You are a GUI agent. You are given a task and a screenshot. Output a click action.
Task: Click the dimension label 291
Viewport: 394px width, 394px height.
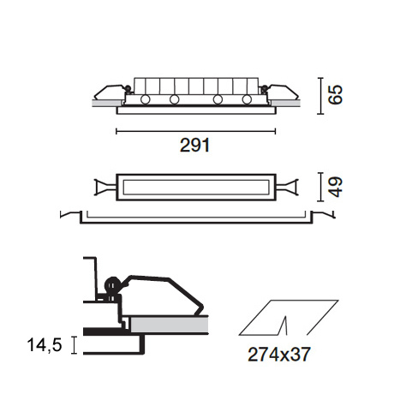tap(195, 145)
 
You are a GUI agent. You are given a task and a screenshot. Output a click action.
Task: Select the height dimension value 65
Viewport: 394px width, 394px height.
tap(335, 95)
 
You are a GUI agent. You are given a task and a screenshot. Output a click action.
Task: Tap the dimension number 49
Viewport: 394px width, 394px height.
tap(335, 187)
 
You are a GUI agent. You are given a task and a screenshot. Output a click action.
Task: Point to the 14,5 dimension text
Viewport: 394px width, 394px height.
tap(45, 344)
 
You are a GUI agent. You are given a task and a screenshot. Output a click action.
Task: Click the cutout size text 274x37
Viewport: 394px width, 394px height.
tap(278, 355)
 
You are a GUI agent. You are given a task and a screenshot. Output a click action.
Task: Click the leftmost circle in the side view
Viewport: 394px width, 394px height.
tap(145, 99)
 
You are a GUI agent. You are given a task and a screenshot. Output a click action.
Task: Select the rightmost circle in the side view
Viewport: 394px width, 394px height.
tap(247, 99)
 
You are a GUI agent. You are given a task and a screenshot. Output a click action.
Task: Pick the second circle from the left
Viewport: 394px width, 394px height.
tap(174, 99)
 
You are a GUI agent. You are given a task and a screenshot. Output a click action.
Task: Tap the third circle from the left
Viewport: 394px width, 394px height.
tap(218, 99)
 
